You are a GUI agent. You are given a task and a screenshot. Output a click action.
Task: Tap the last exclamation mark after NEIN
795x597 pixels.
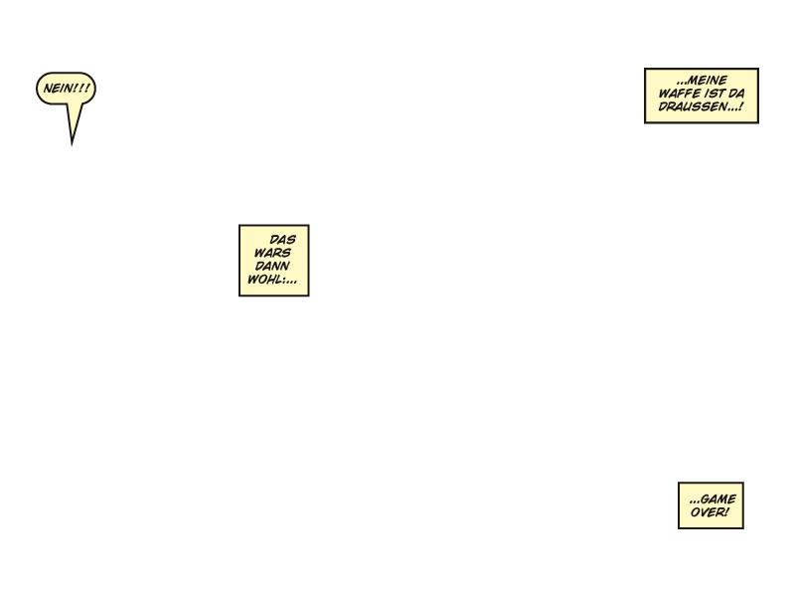click(87, 89)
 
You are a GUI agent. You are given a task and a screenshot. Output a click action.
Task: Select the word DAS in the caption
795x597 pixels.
click(283, 240)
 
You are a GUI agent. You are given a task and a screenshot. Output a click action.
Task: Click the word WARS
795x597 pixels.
click(272, 253)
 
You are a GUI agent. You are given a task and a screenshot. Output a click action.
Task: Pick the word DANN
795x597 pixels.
click(272, 267)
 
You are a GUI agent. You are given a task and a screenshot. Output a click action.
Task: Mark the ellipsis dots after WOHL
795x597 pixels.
click(290, 281)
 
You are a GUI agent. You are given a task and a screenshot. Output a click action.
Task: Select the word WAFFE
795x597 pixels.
click(679, 94)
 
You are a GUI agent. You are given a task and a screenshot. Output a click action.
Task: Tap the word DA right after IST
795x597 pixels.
click(736, 94)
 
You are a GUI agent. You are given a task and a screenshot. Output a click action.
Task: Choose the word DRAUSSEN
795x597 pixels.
click(693, 106)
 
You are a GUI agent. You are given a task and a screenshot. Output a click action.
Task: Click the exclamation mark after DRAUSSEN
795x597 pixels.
click(740, 106)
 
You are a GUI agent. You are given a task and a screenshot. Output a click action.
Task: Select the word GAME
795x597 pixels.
click(718, 499)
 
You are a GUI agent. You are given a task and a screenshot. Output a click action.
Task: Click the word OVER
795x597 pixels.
click(707, 512)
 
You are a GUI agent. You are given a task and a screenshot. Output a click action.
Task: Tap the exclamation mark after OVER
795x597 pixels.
click(726, 512)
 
